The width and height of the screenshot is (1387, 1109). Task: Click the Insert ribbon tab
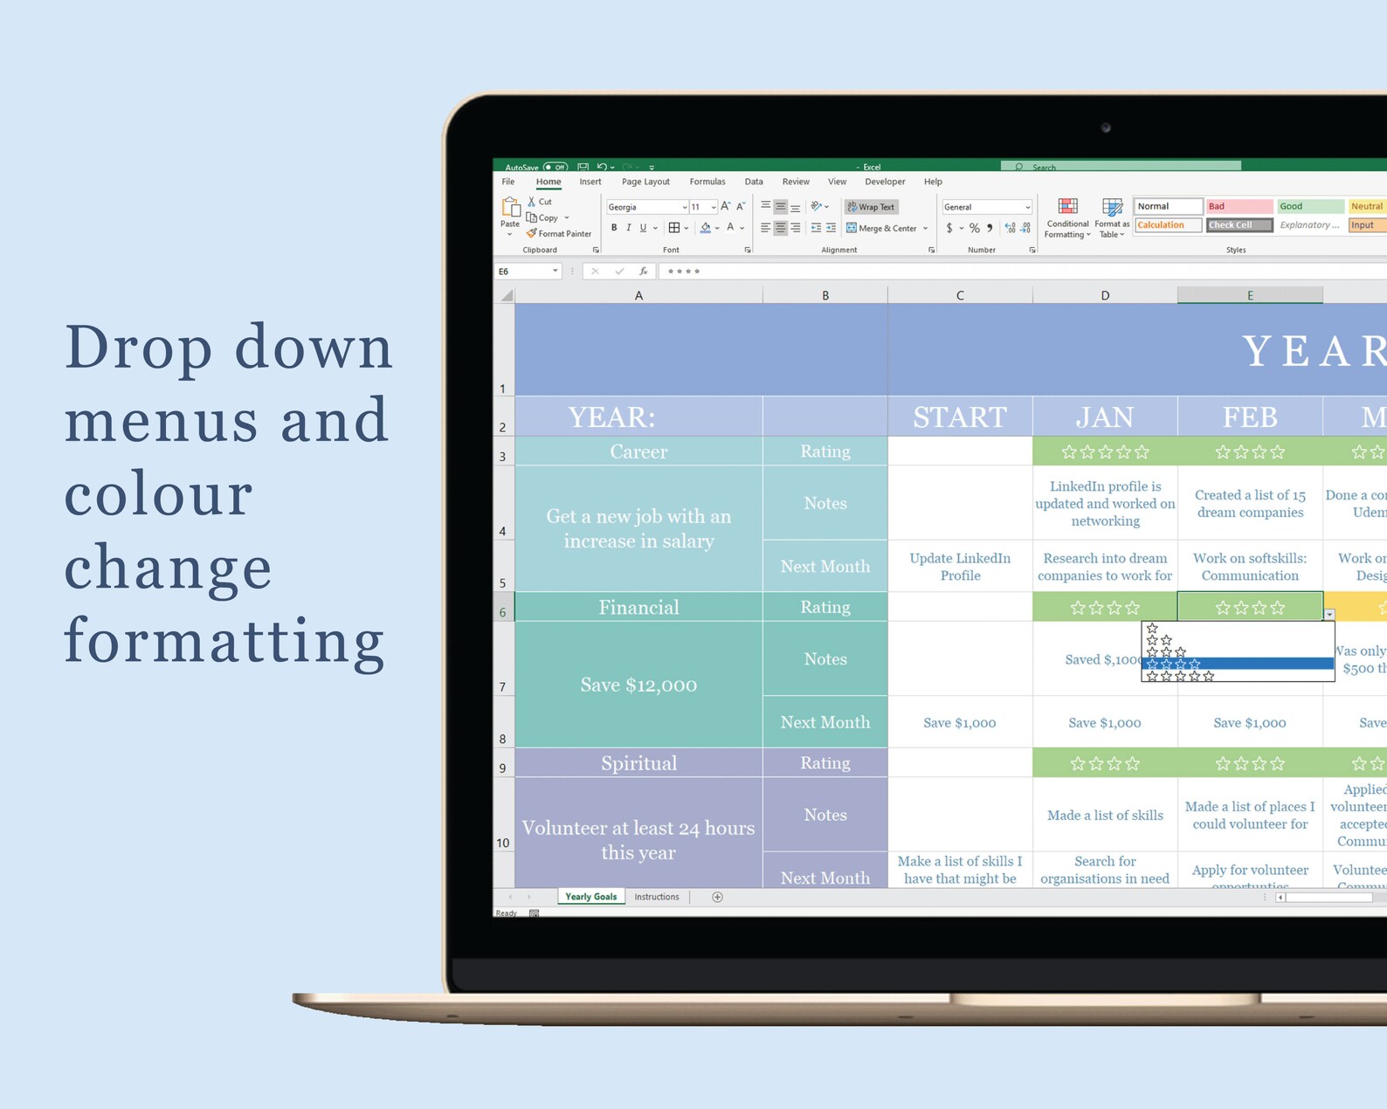[x=590, y=182]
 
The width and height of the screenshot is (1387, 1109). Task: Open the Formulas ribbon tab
[x=707, y=182]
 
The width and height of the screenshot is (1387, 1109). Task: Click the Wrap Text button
[x=871, y=207]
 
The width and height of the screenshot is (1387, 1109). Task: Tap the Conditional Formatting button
[x=1067, y=218]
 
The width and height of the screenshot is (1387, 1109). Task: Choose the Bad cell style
[x=1239, y=206]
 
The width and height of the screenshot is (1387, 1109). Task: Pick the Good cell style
[x=1309, y=206]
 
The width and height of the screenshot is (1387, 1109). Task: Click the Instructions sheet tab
[x=657, y=897]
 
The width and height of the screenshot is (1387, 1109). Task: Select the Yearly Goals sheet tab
[x=590, y=897]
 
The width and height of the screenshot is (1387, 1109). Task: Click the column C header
[x=960, y=295]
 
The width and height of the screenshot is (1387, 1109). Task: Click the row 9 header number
[x=503, y=768]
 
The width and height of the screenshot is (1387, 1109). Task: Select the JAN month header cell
[x=1105, y=417]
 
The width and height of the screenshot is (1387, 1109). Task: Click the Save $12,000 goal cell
[x=638, y=685]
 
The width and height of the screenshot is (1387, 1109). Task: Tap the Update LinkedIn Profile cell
[x=960, y=567]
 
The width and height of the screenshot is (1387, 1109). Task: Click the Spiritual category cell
[x=638, y=763]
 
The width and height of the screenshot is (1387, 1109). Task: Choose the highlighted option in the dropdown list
[x=1237, y=664]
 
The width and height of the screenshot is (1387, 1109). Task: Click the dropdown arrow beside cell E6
[x=1329, y=615]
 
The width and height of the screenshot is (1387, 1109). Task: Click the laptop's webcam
[x=1106, y=127]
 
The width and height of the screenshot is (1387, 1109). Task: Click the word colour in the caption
[x=159, y=494]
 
